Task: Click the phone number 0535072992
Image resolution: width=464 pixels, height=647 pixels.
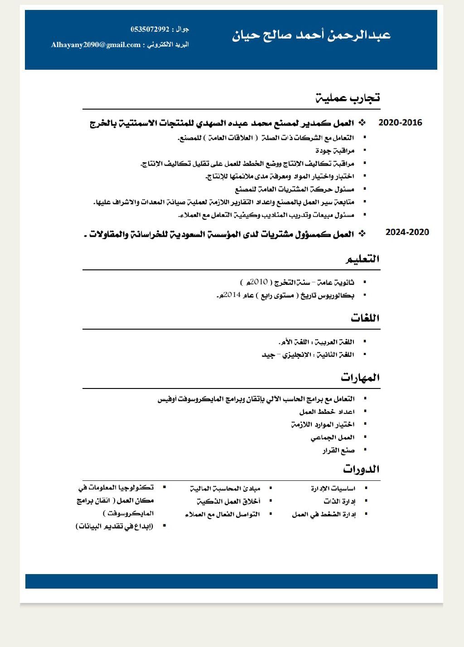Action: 150,29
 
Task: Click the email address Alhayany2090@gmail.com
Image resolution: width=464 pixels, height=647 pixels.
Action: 96,45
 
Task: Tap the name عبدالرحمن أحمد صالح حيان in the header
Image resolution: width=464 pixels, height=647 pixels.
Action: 311,35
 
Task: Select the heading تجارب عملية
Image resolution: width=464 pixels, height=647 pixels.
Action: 348,97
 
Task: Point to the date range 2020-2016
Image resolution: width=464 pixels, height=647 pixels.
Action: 400,123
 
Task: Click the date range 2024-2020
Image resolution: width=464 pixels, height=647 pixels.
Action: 407,232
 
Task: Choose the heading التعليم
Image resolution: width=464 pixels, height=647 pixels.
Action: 362,259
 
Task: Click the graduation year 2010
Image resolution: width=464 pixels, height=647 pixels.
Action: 258,282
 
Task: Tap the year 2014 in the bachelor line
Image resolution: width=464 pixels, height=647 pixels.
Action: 232,295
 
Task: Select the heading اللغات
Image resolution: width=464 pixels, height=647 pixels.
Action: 365,318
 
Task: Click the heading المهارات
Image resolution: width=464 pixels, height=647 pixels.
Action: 360,377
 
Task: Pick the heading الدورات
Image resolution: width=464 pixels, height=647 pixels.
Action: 361,469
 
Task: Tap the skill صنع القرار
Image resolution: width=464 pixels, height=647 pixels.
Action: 338,451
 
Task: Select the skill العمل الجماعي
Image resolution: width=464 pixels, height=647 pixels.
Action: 333,437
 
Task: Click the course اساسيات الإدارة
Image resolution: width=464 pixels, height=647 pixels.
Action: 333,489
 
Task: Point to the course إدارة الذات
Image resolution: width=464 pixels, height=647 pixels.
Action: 339,501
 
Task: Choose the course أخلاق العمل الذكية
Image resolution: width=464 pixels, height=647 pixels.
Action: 228,501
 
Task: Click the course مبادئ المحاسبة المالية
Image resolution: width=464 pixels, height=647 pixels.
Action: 225,489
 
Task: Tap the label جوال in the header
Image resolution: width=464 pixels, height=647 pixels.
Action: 182,29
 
